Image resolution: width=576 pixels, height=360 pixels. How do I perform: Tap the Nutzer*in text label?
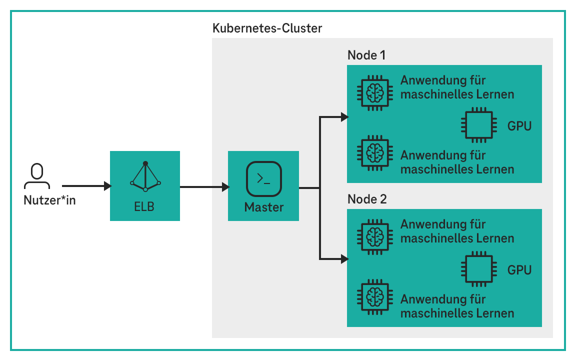(x=49, y=201)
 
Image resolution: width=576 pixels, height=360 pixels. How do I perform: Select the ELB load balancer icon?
(x=145, y=176)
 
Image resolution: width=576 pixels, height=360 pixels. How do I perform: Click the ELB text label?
(x=144, y=206)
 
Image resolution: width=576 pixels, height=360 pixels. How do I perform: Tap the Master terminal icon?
(x=263, y=178)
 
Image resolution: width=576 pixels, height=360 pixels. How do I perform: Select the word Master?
(x=263, y=207)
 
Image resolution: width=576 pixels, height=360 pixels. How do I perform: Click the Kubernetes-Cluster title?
(x=267, y=28)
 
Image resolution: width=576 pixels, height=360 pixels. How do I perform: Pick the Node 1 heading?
(x=366, y=55)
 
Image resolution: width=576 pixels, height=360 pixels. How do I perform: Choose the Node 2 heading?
(x=366, y=199)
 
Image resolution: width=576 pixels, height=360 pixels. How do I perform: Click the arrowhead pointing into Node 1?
(x=344, y=117)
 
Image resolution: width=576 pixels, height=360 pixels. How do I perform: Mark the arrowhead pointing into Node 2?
(x=344, y=259)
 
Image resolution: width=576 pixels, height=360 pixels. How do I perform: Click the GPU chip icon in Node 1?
(x=478, y=125)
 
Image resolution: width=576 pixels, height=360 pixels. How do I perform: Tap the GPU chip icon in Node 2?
(x=478, y=269)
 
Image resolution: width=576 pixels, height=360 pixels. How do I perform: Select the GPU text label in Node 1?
(x=519, y=126)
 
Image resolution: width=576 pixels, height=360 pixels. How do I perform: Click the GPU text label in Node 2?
(x=519, y=270)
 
